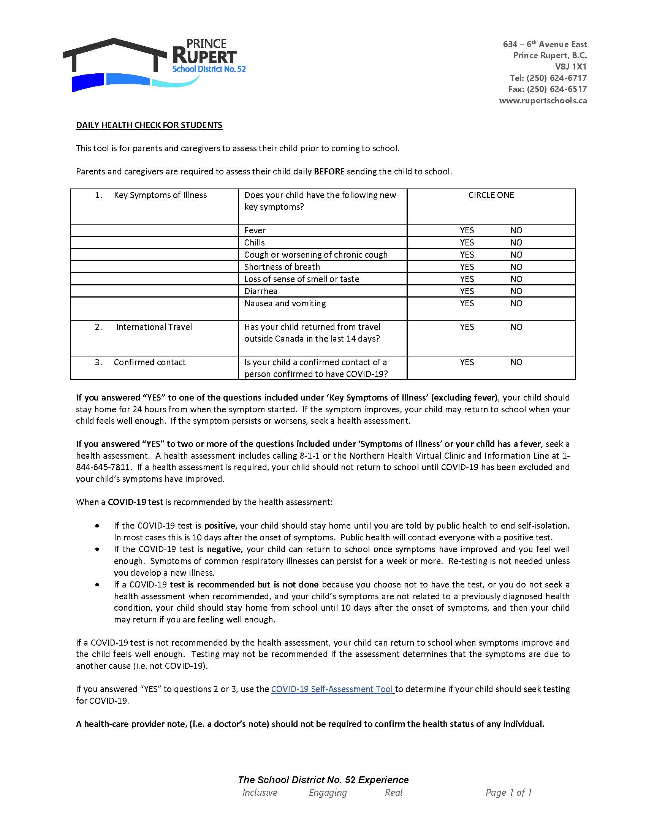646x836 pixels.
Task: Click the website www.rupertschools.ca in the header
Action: pyautogui.click(x=543, y=101)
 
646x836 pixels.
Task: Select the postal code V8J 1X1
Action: pyautogui.click(x=571, y=66)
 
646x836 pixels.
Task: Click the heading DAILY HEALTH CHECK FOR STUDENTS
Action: pyautogui.click(x=149, y=125)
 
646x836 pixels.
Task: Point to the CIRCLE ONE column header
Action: pyautogui.click(x=491, y=195)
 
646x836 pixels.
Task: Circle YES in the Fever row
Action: pyautogui.click(x=467, y=230)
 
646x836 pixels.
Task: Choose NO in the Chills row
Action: pyautogui.click(x=516, y=243)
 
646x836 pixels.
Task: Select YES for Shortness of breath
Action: pyautogui.click(x=467, y=267)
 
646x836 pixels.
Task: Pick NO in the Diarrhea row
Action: pyautogui.click(x=516, y=291)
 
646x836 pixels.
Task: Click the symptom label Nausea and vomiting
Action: pyautogui.click(x=285, y=304)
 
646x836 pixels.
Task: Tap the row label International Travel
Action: pyautogui.click(x=154, y=327)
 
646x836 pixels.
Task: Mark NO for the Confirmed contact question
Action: pyautogui.click(x=516, y=362)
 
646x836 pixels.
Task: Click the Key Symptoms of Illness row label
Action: pyautogui.click(x=160, y=195)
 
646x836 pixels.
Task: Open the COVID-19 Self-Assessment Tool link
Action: pyautogui.click(x=332, y=689)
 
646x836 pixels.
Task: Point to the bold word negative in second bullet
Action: pyautogui.click(x=223, y=549)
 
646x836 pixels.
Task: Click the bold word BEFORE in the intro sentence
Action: pyautogui.click(x=329, y=171)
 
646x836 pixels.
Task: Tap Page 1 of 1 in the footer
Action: pyautogui.click(x=508, y=792)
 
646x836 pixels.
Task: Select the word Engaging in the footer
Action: pyautogui.click(x=328, y=792)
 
